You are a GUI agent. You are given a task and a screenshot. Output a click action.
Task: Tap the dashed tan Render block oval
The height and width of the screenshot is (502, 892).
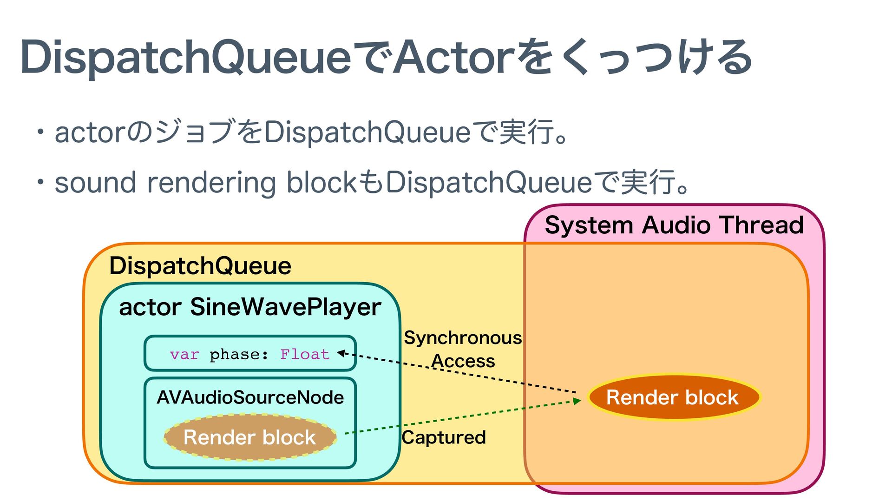tap(250, 437)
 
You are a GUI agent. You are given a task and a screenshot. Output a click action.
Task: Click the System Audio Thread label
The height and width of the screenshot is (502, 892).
tap(674, 225)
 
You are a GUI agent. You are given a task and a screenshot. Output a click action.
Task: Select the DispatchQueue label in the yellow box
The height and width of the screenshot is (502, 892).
tap(200, 266)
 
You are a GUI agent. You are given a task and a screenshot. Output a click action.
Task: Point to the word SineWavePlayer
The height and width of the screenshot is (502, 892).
tap(286, 307)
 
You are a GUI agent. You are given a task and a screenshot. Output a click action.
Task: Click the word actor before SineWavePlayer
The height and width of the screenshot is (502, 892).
tap(150, 308)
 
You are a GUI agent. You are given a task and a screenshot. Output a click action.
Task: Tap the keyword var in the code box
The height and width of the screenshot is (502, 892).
tap(184, 355)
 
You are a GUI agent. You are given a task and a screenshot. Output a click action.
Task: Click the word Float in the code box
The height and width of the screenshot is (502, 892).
tap(305, 355)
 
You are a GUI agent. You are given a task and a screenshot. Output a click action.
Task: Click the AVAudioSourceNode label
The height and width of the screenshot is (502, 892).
tap(250, 397)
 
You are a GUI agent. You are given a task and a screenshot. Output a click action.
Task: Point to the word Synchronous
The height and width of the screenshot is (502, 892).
tap(463, 338)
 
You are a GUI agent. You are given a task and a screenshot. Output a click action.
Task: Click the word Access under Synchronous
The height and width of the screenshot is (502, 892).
tap(463, 361)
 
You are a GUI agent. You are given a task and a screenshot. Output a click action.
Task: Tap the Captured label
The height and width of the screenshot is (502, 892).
tap(444, 437)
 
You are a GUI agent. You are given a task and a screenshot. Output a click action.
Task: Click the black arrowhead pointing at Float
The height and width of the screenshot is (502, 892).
tap(341, 353)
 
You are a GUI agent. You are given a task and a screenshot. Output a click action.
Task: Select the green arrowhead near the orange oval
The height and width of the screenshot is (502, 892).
tap(577, 400)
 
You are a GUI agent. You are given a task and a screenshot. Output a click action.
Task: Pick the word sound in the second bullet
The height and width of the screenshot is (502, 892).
tap(95, 182)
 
